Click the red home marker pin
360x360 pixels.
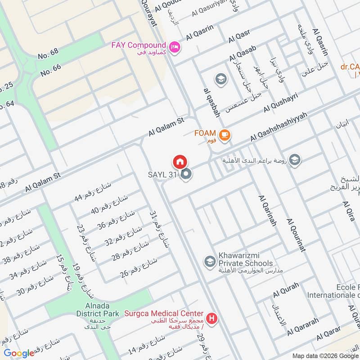coord(180,162)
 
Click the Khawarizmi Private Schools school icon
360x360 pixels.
coord(209,261)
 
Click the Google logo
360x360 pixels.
coord(19,353)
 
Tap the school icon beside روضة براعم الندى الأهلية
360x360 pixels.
coord(295,160)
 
